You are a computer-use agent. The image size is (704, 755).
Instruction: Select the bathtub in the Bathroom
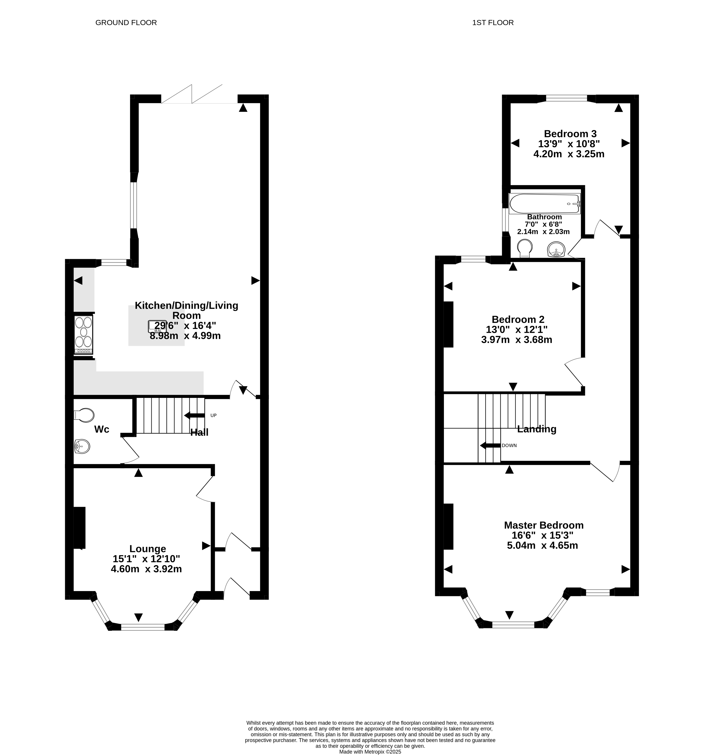[544, 204]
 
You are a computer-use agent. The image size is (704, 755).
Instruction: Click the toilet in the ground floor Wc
[84, 415]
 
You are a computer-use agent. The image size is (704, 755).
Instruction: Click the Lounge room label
[147, 549]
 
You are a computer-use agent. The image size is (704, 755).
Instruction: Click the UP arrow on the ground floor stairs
[194, 415]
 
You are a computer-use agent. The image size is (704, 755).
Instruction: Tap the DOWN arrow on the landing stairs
[490, 445]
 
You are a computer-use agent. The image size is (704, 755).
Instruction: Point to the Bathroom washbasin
[557, 250]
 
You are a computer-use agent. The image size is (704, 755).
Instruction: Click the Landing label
[536, 429]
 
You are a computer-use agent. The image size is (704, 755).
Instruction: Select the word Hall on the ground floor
[199, 432]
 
